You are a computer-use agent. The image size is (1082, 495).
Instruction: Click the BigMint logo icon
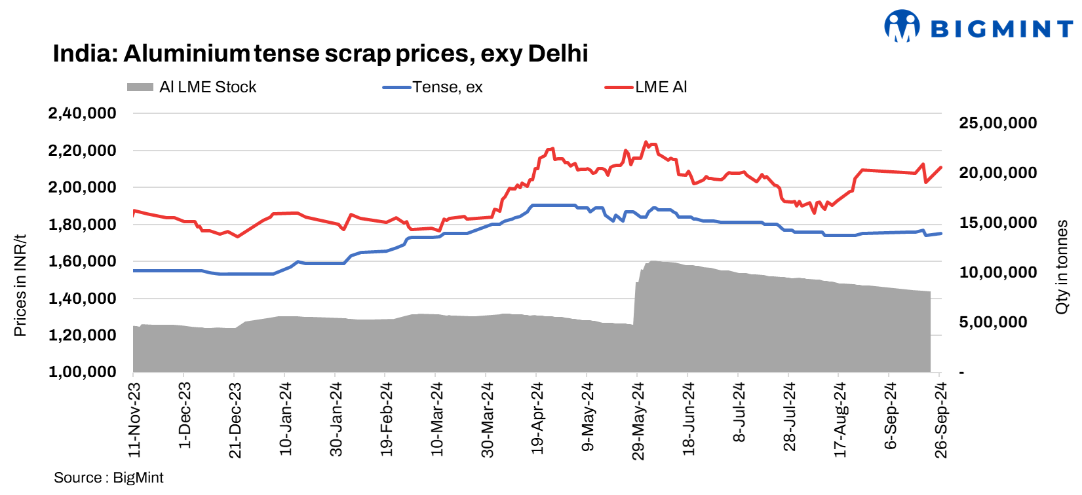tap(902, 27)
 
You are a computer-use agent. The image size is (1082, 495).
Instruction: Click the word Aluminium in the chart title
tap(186, 54)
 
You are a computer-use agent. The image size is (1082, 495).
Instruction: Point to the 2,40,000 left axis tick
tap(82, 113)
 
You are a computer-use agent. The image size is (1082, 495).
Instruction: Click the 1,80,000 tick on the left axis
tap(82, 224)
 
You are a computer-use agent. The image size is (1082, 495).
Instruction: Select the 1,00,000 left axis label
tap(82, 372)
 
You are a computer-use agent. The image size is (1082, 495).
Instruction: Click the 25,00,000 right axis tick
tap(997, 123)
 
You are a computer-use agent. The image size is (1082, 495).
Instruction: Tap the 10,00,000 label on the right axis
tap(997, 272)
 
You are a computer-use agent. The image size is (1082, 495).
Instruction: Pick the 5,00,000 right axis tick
tap(993, 322)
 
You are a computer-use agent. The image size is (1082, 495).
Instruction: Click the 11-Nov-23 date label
tap(134, 420)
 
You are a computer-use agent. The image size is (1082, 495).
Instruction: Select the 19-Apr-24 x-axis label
tap(537, 418)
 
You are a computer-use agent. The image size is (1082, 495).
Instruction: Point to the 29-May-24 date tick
tap(638, 420)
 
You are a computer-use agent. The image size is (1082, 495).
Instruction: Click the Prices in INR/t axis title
tap(20, 285)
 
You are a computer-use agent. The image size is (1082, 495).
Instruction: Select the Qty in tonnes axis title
tap(1062, 266)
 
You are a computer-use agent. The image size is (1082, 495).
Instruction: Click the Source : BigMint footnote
tap(109, 478)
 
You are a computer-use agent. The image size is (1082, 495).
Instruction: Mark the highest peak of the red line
tap(646, 141)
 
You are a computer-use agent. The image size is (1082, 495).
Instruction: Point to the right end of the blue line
tap(941, 233)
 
